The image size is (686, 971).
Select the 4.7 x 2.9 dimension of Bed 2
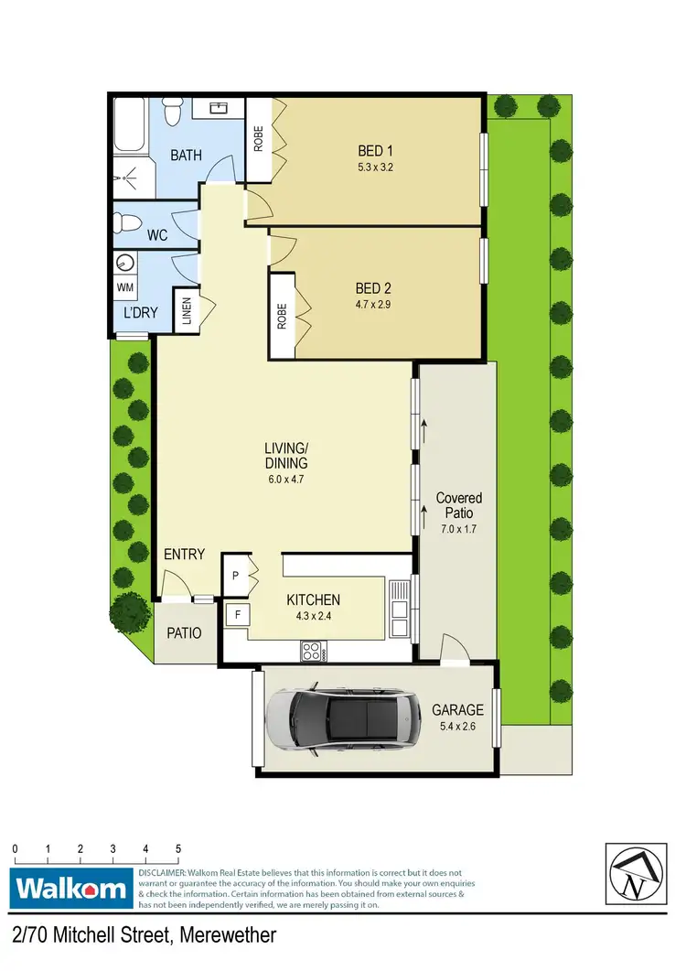(374, 304)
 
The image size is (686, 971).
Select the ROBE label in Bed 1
(259, 140)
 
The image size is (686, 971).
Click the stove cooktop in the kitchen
(312, 652)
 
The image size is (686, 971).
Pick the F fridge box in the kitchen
(237, 614)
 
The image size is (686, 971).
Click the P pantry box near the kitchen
(235, 576)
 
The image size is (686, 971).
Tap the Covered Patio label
(458, 505)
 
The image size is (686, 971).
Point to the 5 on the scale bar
(178, 848)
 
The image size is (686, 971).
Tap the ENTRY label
(184, 555)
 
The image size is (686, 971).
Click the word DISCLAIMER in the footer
(163, 873)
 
